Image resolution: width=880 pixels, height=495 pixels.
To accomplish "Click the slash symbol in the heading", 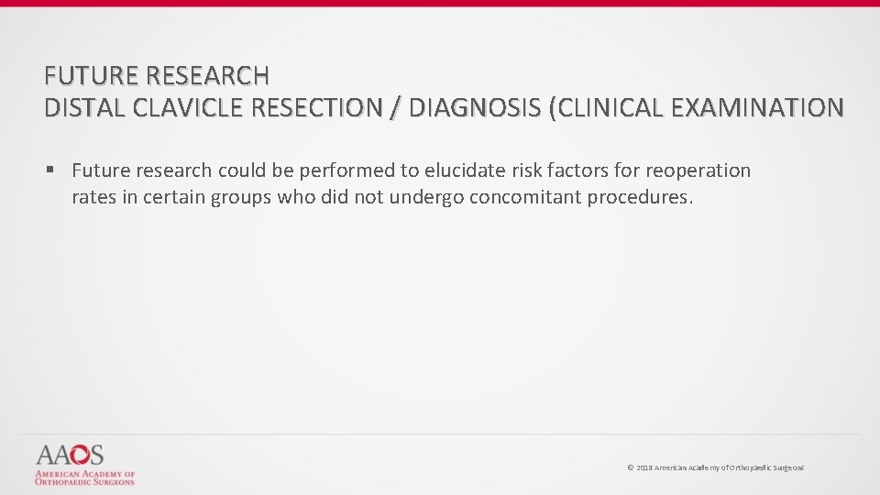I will click(394, 107).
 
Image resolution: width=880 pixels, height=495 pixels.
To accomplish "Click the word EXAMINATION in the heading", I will click(758, 107).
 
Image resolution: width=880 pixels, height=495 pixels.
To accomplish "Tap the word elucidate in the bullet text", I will click(462, 170).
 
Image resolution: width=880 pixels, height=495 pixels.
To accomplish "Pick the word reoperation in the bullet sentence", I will click(699, 170).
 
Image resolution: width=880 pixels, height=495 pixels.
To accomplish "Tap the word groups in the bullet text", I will click(241, 196).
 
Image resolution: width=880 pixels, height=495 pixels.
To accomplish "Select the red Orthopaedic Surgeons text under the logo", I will click(84, 481).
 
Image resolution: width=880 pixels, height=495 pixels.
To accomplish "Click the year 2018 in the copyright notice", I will click(644, 468).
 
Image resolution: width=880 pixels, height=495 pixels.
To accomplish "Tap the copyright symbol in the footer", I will click(630, 468).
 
